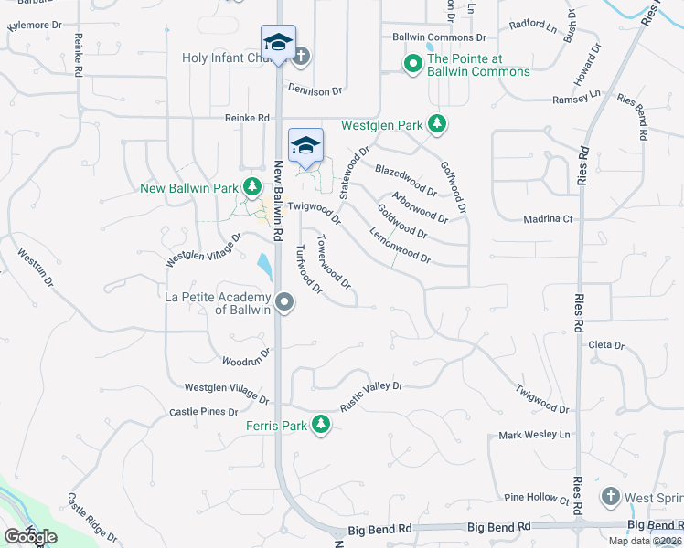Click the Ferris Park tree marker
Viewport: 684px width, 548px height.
pyautogui.click(x=320, y=425)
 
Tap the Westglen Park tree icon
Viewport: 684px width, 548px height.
pyautogui.click(x=437, y=125)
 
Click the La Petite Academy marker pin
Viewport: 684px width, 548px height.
pyautogui.click(x=284, y=302)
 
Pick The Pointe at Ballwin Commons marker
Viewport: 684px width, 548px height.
pyautogui.click(x=412, y=64)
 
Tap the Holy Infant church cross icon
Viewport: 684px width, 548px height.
pyautogui.click(x=300, y=57)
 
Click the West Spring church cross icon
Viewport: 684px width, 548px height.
pyautogui.click(x=610, y=497)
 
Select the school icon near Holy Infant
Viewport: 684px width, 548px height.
pyautogui.click(x=278, y=42)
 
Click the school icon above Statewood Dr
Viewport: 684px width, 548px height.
pyautogui.click(x=306, y=145)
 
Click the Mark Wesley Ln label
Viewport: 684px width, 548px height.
pyautogui.click(x=534, y=435)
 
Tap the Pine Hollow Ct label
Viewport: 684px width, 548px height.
pyautogui.click(x=537, y=499)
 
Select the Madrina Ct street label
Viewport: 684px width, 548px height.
pyautogui.click(x=548, y=219)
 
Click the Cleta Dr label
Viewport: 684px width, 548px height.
pyautogui.click(x=605, y=345)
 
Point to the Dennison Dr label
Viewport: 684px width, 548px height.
pyautogui.click(x=314, y=90)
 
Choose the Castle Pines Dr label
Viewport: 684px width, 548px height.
pyautogui.click(x=203, y=413)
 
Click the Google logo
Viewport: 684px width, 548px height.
pyautogui.click(x=30, y=537)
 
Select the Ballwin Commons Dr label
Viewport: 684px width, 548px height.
pyautogui.click(x=439, y=37)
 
